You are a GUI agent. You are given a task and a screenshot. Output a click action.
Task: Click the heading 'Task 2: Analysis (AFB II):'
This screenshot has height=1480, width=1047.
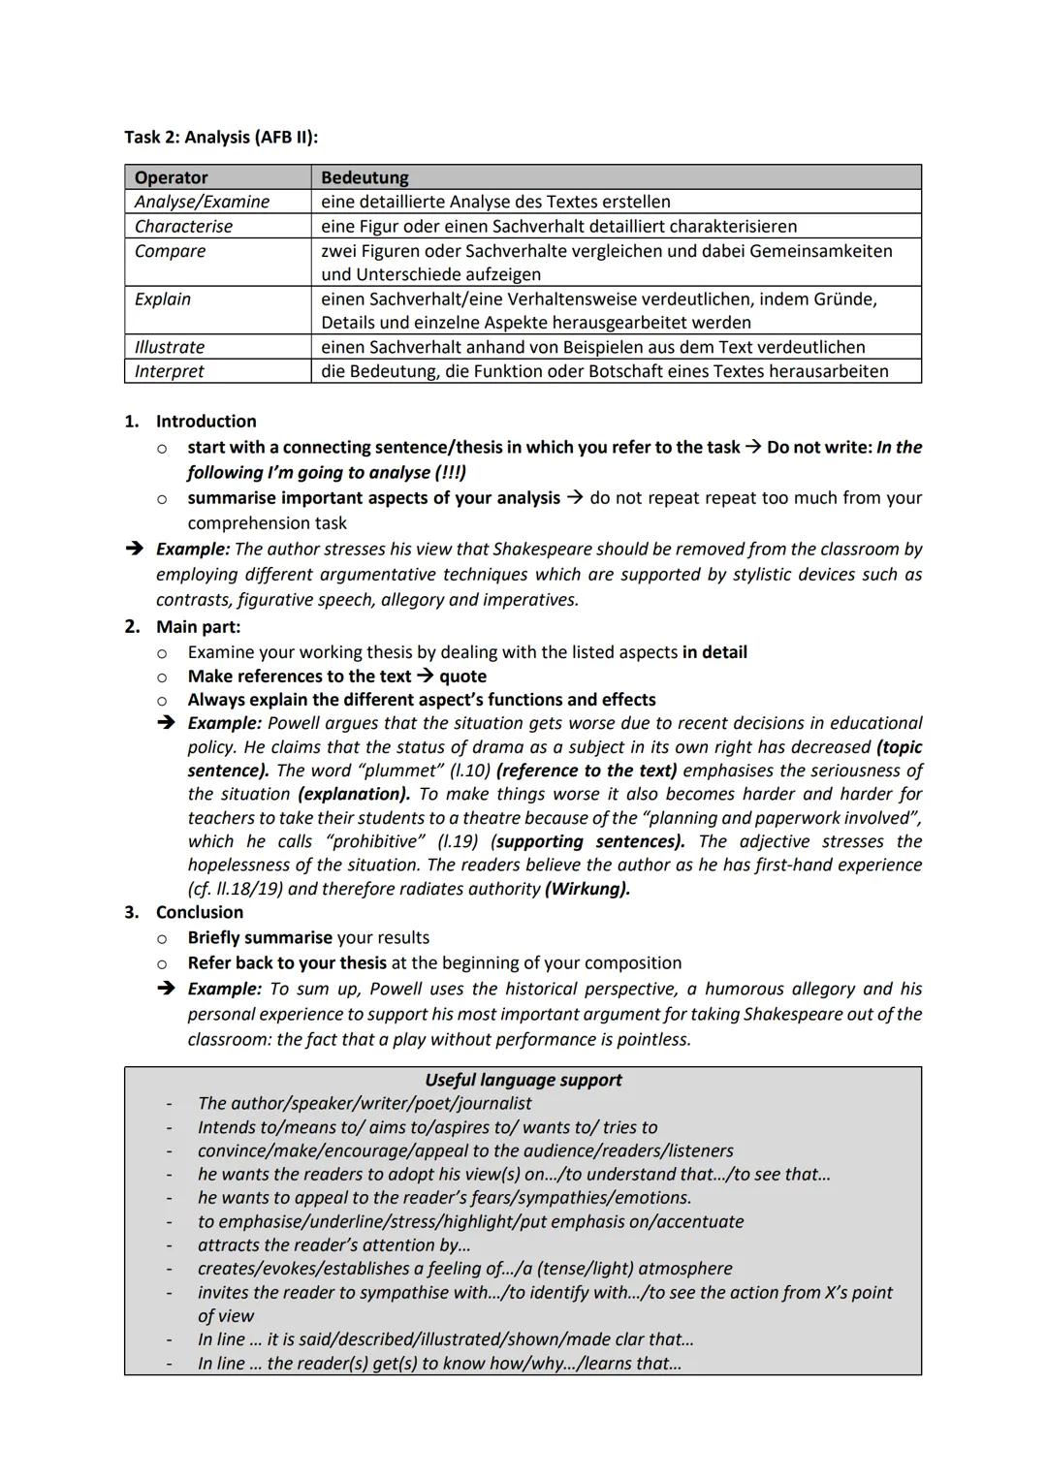pos(221,137)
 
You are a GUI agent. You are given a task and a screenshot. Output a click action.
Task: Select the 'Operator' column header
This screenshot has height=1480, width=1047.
pos(172,177)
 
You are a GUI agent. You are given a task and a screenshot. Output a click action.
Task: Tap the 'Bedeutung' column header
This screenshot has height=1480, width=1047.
pos(365,177)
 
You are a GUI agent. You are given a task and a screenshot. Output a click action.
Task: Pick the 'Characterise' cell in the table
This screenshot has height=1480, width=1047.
pos(184,226)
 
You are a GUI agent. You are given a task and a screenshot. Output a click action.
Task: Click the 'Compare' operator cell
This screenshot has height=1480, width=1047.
pos(171,251)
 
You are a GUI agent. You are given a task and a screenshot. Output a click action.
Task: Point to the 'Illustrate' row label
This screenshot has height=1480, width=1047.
pos(170,347)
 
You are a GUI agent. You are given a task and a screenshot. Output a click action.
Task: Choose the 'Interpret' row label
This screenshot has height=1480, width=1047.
pos(170,371)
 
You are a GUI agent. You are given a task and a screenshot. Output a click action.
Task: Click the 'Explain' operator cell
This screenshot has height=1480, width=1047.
pos(163,299)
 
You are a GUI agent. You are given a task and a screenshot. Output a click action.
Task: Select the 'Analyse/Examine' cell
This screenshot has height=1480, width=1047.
pos(203,202)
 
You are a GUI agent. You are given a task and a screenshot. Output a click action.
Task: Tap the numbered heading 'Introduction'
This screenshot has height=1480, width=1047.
pos(206,422)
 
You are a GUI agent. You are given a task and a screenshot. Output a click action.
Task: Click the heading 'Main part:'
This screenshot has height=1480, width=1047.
pos(198,627)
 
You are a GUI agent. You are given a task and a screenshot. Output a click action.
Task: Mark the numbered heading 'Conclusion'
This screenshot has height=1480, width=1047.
pos(200,912)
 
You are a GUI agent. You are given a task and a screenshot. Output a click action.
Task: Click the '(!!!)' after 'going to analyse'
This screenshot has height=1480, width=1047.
pos(449,472)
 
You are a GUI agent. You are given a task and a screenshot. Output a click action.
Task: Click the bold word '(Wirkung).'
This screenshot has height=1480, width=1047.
pos(587,889)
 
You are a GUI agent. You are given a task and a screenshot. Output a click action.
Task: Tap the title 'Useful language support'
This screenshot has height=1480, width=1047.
pos(523,1080)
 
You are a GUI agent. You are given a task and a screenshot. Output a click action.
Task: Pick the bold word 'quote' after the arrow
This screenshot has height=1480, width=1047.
pos(462,677)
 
